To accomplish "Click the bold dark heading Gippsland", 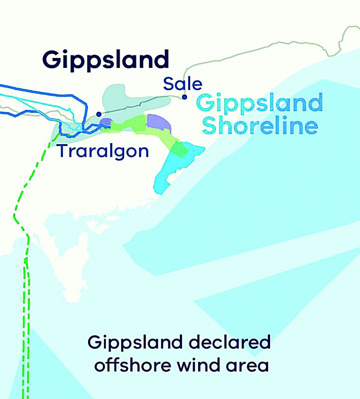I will [105, 60].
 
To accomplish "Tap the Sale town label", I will [183, 84].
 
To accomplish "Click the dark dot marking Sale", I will [184, 97].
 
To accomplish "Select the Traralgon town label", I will [103, 151].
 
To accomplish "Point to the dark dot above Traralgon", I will [99, 114].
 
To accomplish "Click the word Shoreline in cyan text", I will [260, 125].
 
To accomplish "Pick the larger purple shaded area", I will [158, 123].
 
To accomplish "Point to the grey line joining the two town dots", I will [140, 104].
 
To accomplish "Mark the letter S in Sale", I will [168, 84].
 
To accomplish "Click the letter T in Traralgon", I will [62, 150].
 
